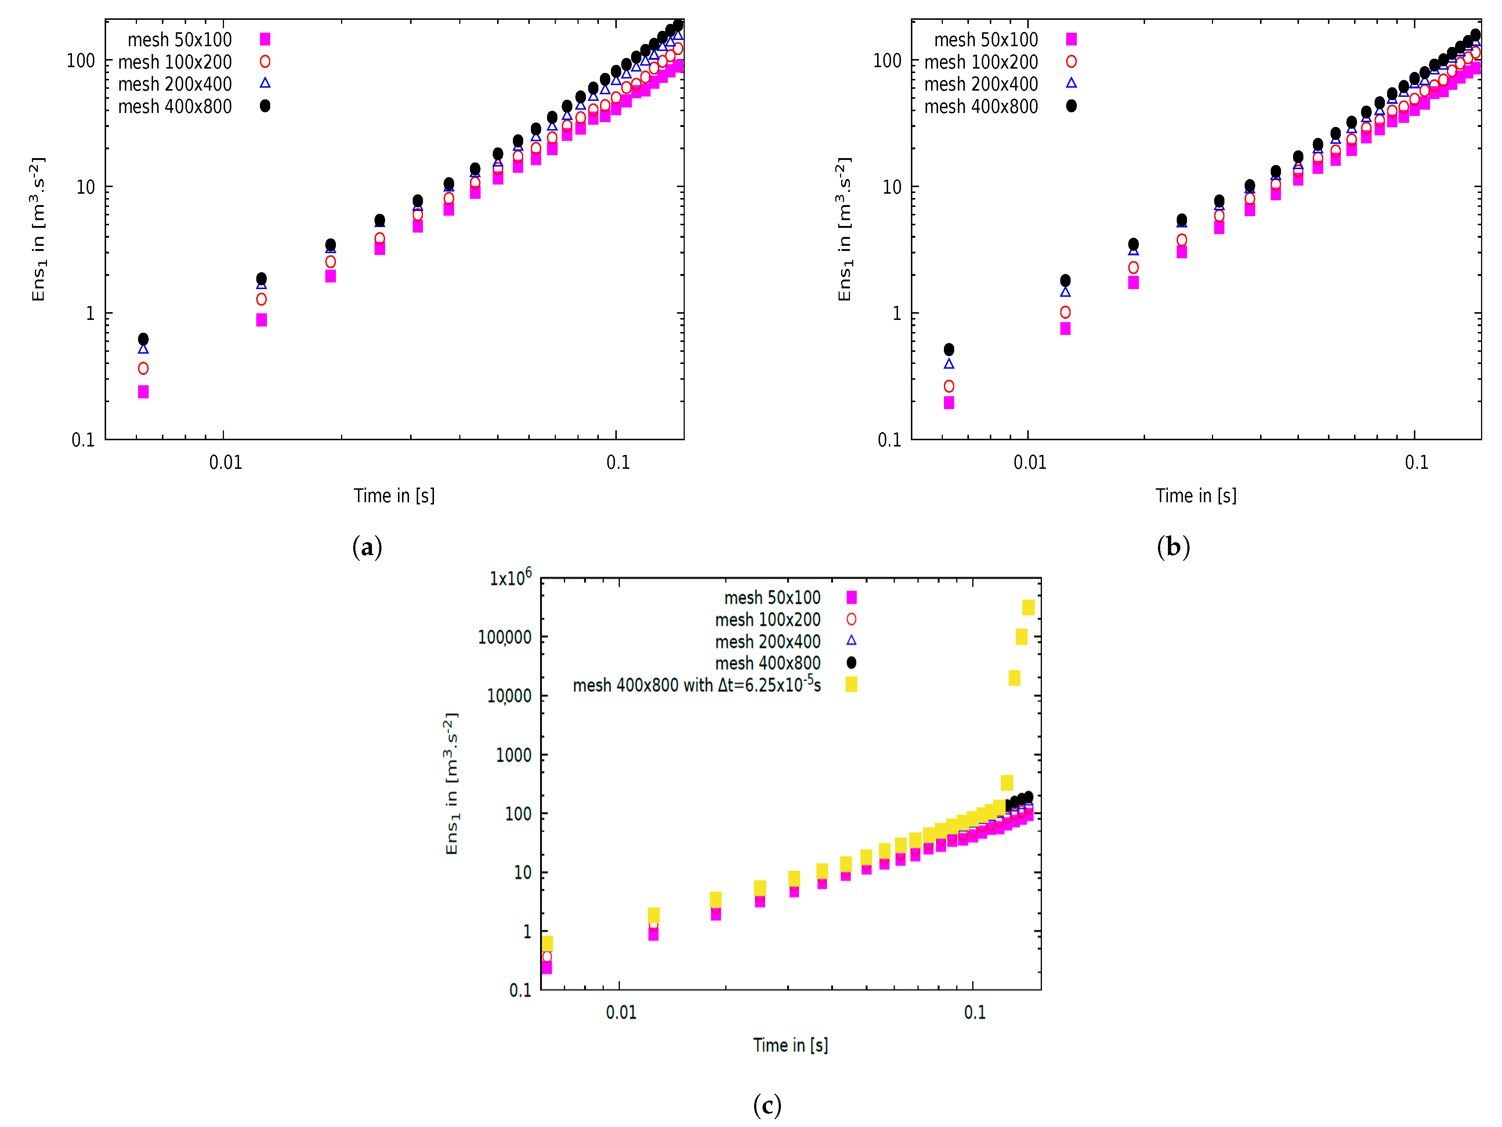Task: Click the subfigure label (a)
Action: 368,547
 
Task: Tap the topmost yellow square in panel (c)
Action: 1028,607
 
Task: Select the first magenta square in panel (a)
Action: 143,392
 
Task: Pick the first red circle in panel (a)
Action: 143,368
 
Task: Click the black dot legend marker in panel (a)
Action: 265,106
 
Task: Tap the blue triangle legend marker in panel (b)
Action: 1071,83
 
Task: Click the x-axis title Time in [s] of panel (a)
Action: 394,496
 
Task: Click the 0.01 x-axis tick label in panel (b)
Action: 1029,463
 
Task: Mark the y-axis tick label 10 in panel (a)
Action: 86,187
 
